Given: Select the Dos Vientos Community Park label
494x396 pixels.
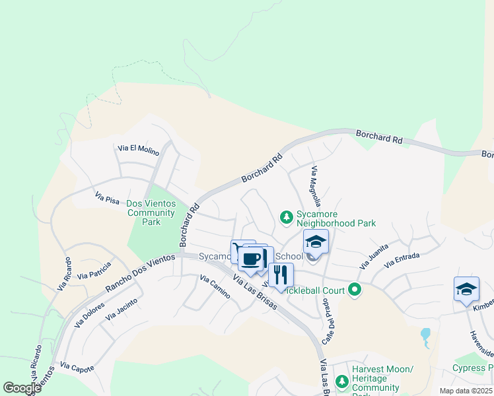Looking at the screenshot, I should pos(151,213).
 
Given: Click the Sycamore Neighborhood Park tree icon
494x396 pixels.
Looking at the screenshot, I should pos(286,216).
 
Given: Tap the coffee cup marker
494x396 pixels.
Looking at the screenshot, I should pos(250,259).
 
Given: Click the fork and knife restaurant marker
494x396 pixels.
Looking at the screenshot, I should pos(281,274).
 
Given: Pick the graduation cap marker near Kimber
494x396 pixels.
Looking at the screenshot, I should pos(466,289).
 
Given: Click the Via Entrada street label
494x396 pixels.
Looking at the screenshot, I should pos(402,260).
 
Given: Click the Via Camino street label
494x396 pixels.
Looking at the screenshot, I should pos(215,286).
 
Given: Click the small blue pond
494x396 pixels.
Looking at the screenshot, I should pos(425,335).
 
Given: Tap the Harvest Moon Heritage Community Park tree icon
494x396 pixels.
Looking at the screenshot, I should pos(342,381).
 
